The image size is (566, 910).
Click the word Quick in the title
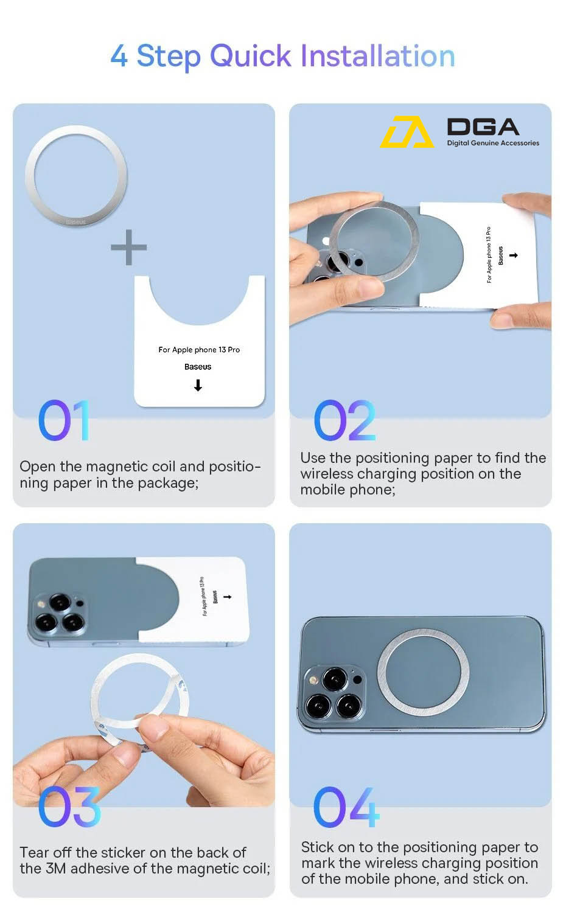(x=250, y=57)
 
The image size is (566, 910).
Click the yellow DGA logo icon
(x=407, y=131)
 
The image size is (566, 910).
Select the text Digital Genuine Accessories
(x=493, y=143)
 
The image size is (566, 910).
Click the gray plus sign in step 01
(x=129, y=247)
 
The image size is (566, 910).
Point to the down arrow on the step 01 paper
(x=198, y=385)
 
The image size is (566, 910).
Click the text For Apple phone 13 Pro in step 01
(x=199, y=350)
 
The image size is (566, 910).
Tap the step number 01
(x=64, y=420)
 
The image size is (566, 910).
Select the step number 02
(x=344, y=420)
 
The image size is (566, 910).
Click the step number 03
(x=69, y=807)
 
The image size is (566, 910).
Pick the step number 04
(x=346, y=807)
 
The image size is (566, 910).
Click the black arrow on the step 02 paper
(x=514, y=255)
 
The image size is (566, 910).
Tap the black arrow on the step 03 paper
(x=228, y=597)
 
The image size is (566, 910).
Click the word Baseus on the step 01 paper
(x=198, y=367)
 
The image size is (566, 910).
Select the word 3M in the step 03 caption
(x=55, y=869)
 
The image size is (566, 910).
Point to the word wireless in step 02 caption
(x=327, y=474)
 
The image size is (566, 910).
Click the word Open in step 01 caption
(x=37, y=467)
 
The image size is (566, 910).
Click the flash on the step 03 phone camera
(x=41, y=604)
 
